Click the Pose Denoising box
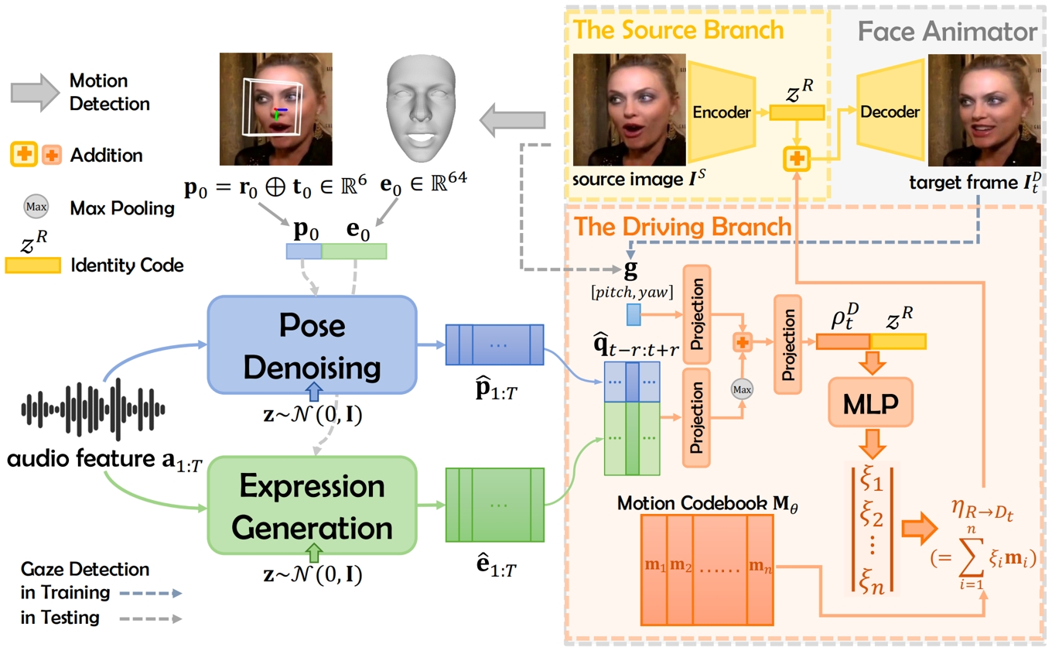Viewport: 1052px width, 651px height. tap(312, 344)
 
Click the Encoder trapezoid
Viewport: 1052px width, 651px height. tap(721, 112)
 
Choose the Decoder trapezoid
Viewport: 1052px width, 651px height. tap(890, 112)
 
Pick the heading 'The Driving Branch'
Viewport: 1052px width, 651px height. tap(682, 226)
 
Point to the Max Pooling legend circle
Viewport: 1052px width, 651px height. tap(36, 207)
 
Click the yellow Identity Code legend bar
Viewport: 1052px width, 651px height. tap(33, 266)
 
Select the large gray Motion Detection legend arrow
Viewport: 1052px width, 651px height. tap(34, 91)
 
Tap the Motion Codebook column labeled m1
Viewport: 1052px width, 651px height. tap(654, 568)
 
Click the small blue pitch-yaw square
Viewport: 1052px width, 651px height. tap(634, 314)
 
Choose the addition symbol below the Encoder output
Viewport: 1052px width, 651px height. tap(796, 158)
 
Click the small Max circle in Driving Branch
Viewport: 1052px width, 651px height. tap(742, 389)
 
